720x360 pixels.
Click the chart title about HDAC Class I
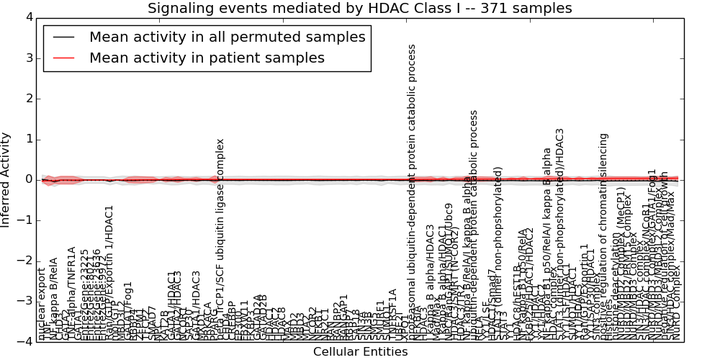359,9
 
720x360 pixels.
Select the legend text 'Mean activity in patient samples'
207,58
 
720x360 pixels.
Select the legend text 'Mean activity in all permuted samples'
227,37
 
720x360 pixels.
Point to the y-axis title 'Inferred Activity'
6,180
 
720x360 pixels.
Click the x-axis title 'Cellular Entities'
360,351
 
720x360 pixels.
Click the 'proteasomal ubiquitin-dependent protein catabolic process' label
413,191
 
